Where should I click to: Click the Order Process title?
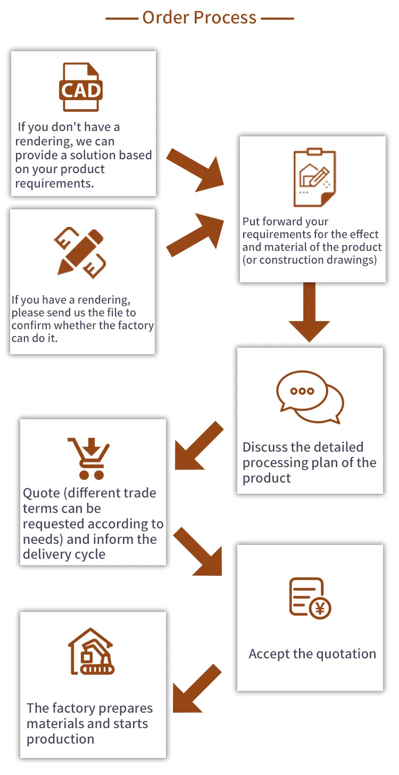tap(199, 18)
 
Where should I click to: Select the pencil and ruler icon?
tap(80, 253)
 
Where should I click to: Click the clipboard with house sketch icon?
tap(314, 178)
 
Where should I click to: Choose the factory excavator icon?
tap(91, 652)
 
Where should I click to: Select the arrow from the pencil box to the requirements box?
tap(195, 232)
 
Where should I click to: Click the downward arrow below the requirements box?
tap(309, 312)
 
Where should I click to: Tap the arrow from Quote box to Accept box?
tap(198, 552)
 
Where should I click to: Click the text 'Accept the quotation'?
tap(312, 654)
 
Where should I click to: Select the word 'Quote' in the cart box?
tap(41, 493)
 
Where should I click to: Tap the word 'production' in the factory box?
tap(61, 739)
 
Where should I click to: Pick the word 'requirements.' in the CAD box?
tap(54, 184)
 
